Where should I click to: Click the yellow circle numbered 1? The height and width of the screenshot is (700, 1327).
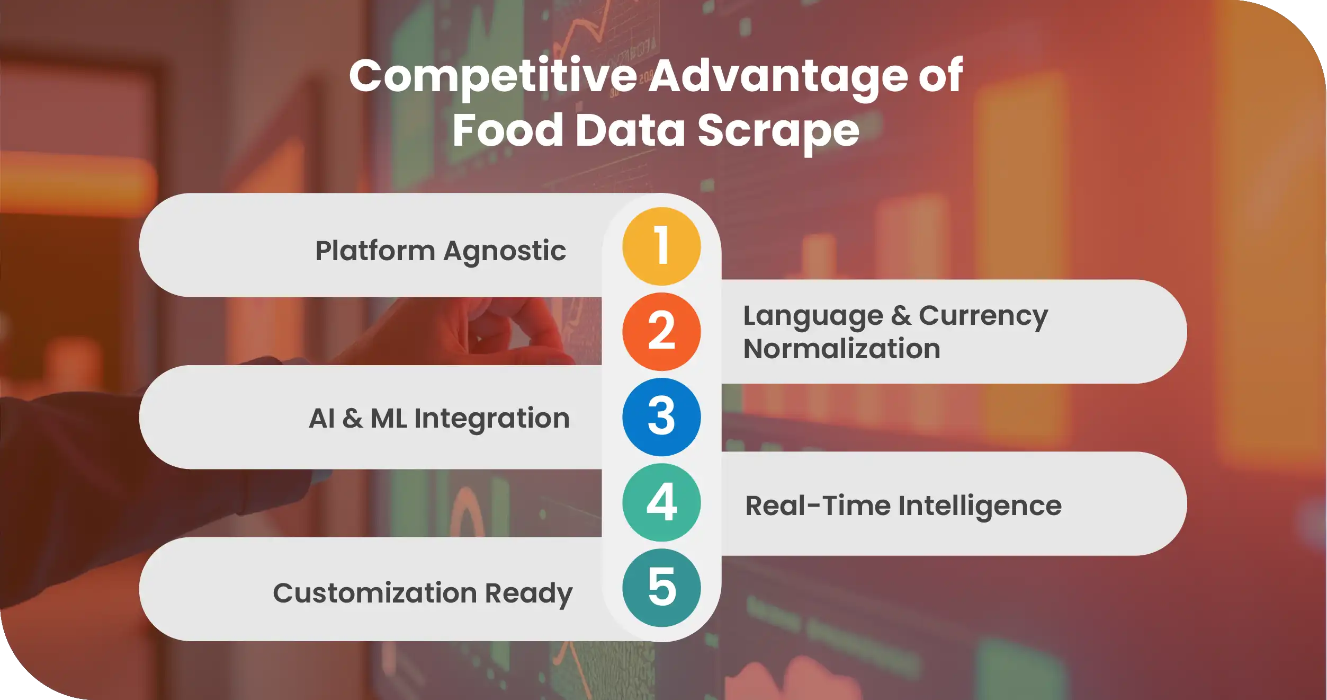(661, 246)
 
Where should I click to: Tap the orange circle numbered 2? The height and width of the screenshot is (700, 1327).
(661, 332)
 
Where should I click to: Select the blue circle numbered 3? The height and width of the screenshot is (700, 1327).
(661, 417)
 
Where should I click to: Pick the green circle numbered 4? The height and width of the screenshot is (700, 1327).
(661, 502)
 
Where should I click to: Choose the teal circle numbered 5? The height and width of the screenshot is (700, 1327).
(661, 588)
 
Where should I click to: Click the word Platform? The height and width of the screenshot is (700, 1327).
(375, 251)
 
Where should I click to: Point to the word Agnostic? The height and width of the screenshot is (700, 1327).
(505, 252)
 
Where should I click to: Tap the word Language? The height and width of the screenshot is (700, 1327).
(813, 317)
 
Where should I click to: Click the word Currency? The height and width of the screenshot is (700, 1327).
(983, 317)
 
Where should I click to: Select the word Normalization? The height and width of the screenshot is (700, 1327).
(842, 349)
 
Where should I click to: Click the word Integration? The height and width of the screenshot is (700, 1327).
(492, 419)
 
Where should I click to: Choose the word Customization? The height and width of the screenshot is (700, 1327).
(375, 592)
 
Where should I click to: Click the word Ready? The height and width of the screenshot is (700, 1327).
(528, 593)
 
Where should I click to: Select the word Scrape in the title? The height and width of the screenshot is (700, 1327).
(778, 131)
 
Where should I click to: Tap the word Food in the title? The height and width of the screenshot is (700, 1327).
(508, 130)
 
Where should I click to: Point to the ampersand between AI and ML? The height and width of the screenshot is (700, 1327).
(353, 419)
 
